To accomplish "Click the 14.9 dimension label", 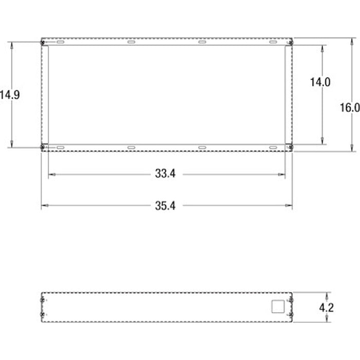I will [10, 95].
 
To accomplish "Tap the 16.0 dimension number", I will [350, 107].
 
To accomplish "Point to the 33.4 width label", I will [165, 174].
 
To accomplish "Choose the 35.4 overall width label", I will [165, 206].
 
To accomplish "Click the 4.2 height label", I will [326, 308].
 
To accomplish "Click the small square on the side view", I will [277, 307].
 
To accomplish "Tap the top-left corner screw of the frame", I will [43, 42].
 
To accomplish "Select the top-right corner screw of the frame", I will [291, 42].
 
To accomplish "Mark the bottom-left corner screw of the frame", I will [43, 148].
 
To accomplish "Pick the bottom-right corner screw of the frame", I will [291, 148].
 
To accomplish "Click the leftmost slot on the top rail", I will [61, 42].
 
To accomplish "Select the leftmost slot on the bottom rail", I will [61, 148].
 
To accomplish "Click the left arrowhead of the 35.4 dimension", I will [43, 206].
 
